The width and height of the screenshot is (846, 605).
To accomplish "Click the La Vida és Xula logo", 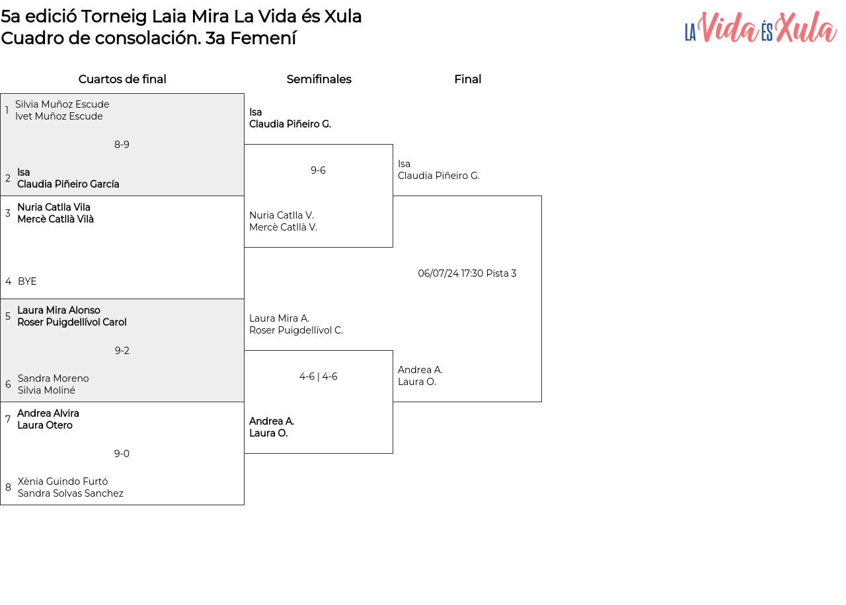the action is click(760, 27).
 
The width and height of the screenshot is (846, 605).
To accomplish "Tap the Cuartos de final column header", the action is click(122, 79).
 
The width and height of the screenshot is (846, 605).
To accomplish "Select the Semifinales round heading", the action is click(319, 79).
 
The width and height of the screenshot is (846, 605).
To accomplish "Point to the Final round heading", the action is click(467, 79).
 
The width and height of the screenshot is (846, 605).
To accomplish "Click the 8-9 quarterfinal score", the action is click(122, 145).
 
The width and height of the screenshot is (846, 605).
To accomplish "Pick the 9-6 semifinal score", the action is click(318, 170).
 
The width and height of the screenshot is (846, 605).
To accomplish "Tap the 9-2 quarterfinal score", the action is click(122, 351).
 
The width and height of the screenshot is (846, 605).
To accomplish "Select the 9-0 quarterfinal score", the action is click(122, 454).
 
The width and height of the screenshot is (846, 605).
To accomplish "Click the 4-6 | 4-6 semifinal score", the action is click(319, 376).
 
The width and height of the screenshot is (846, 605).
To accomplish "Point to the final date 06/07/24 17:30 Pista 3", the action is click(467, 273).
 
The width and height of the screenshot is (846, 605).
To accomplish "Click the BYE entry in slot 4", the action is click(27, 281).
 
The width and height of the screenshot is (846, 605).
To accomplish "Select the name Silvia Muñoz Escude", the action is click(62, 104).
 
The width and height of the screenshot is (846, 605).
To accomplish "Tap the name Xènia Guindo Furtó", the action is click(63, 481).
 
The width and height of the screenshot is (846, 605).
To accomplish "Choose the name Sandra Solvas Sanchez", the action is click(71, 493).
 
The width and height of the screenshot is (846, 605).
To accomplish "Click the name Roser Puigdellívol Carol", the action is click(72, 322).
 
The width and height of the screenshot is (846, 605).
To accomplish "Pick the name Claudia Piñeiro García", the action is click(68, 184).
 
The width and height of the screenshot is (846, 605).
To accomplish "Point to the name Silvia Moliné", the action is click(46, 390).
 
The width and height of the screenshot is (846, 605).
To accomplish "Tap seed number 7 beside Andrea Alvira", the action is click(8, 419).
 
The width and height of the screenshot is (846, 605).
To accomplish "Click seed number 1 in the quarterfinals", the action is click(7, 110).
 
